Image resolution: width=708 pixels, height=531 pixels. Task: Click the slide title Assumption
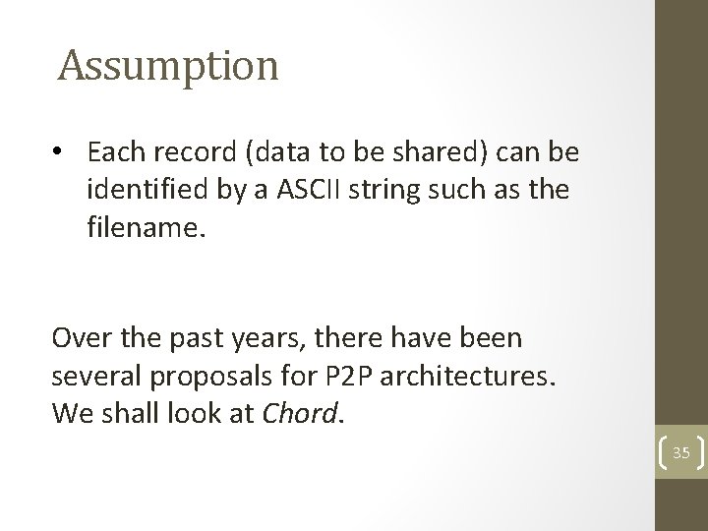(x=168, y=67)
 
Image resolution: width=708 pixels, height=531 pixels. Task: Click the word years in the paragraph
(x=241, y=339)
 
